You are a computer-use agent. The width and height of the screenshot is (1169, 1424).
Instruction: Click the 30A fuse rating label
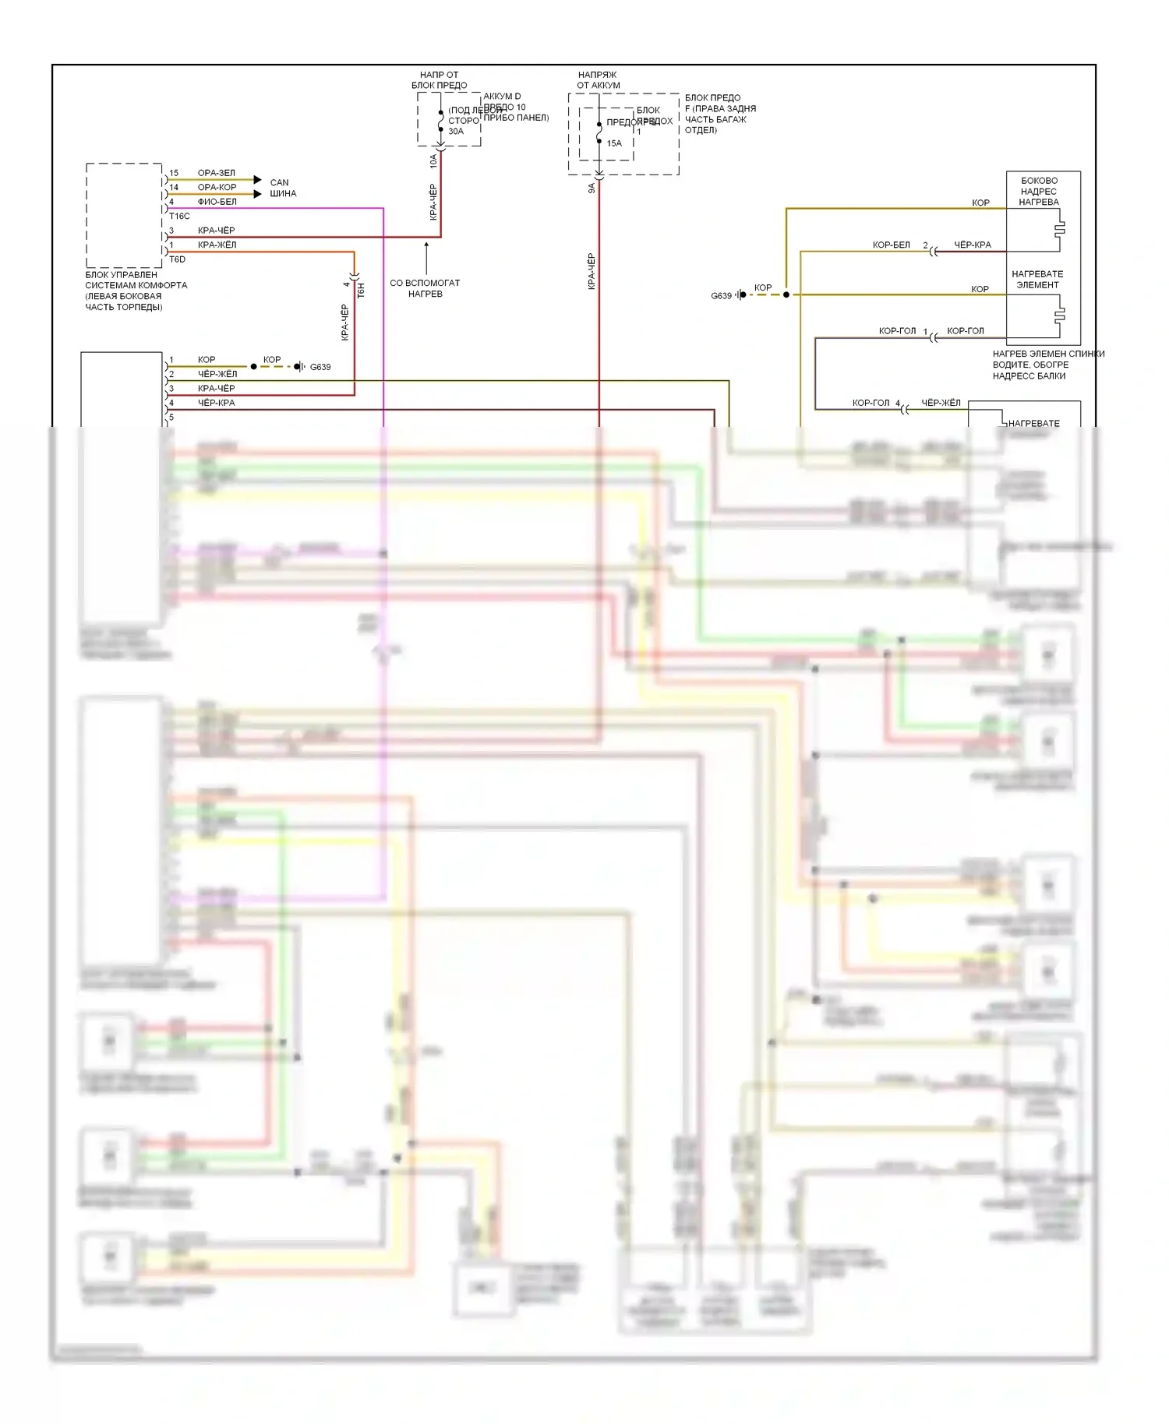(x=455, y=132)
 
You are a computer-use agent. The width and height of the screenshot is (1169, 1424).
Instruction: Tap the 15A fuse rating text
(x=614, y=143)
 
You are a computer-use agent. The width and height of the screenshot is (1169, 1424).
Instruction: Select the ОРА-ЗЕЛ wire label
(x=216, y=173)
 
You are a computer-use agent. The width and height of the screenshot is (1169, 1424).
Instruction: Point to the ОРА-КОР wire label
(x=217, y=187)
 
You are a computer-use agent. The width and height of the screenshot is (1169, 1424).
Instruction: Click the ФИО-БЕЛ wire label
(x=217, y=202)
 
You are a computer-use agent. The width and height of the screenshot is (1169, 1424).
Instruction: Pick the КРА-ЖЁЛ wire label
(x=217, y=245)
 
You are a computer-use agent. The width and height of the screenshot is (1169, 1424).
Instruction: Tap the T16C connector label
(x=179, y=216)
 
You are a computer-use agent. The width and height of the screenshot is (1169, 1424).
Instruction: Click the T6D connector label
(x=177, y=259)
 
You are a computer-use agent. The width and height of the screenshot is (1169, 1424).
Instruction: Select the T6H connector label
(x=361, y=291)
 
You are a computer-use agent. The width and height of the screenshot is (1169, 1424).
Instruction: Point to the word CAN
(x=279, y=182)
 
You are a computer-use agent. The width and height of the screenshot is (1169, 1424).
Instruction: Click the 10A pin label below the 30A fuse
(x=434, y=161)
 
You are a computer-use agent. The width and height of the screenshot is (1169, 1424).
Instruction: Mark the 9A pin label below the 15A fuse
(x=592, y=188)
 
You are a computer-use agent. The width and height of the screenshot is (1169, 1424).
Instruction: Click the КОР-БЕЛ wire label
(x=891, y=245)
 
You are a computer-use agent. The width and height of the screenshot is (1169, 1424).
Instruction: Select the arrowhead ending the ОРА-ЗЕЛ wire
(x=258, y=180)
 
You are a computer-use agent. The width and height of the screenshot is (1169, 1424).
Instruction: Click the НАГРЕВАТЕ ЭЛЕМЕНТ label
(x=1037, y=280)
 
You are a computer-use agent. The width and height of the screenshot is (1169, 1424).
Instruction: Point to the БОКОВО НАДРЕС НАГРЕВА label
(x=1039, y=191)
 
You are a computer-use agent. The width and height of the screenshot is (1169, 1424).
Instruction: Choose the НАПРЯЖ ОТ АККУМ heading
(x=598, y=80)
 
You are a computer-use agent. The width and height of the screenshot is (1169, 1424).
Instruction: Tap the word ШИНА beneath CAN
(x=283, y=193)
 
